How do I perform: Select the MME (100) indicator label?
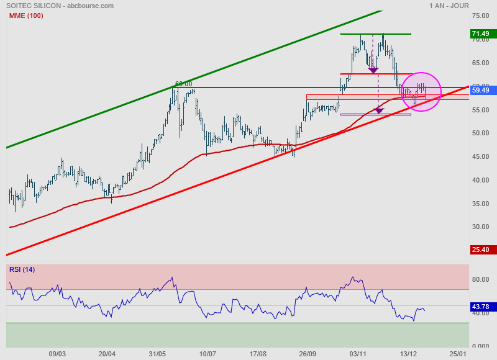[x=25, y=16]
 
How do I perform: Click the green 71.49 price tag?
[x=480, y=34]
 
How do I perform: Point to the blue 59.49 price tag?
[x=480, y=90]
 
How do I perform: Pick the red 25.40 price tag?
[x=480, y=250]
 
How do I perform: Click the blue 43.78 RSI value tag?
[x=480, y=305]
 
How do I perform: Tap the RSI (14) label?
[x=22, y=269]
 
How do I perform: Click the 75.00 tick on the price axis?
[x=480, y=16]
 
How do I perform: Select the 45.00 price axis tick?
[x=480, y=156]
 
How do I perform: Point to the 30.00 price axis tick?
[x=480, y=227]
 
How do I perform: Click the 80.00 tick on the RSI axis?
[x=480, y=279]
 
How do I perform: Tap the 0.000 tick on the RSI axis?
[x=480, y=346]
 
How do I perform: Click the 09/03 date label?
[x=57, y=354]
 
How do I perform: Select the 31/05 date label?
[x=157, y=354]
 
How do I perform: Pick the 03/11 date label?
[x=357, y=354]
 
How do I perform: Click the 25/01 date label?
[x=457, y=354]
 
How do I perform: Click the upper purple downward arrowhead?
[x=373, y=70]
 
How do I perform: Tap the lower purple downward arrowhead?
[x=379, y=111]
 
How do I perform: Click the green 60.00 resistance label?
[x=183, y=84]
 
